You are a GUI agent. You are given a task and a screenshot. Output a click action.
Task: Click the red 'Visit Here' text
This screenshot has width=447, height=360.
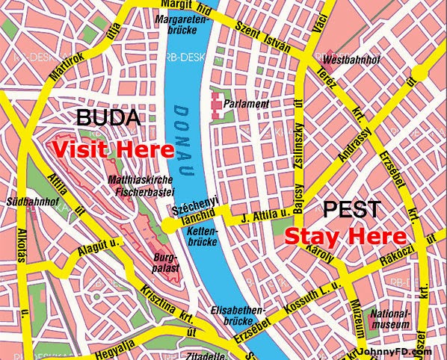coord(112,149)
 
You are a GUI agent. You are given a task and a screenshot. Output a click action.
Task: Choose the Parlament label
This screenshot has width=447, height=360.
coord(251,105)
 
